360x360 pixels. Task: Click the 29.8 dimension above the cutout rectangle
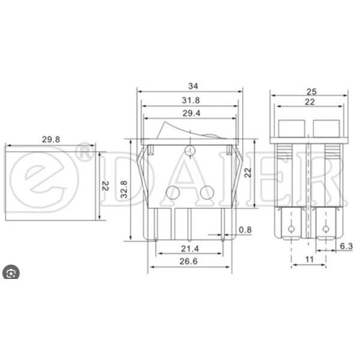coord(50,140)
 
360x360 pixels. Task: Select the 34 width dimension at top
coord(190,85)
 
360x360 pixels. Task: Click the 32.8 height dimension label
coord(124,191)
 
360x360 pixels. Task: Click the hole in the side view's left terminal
coord(292,229)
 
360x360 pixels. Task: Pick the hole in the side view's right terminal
coord(326,229)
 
